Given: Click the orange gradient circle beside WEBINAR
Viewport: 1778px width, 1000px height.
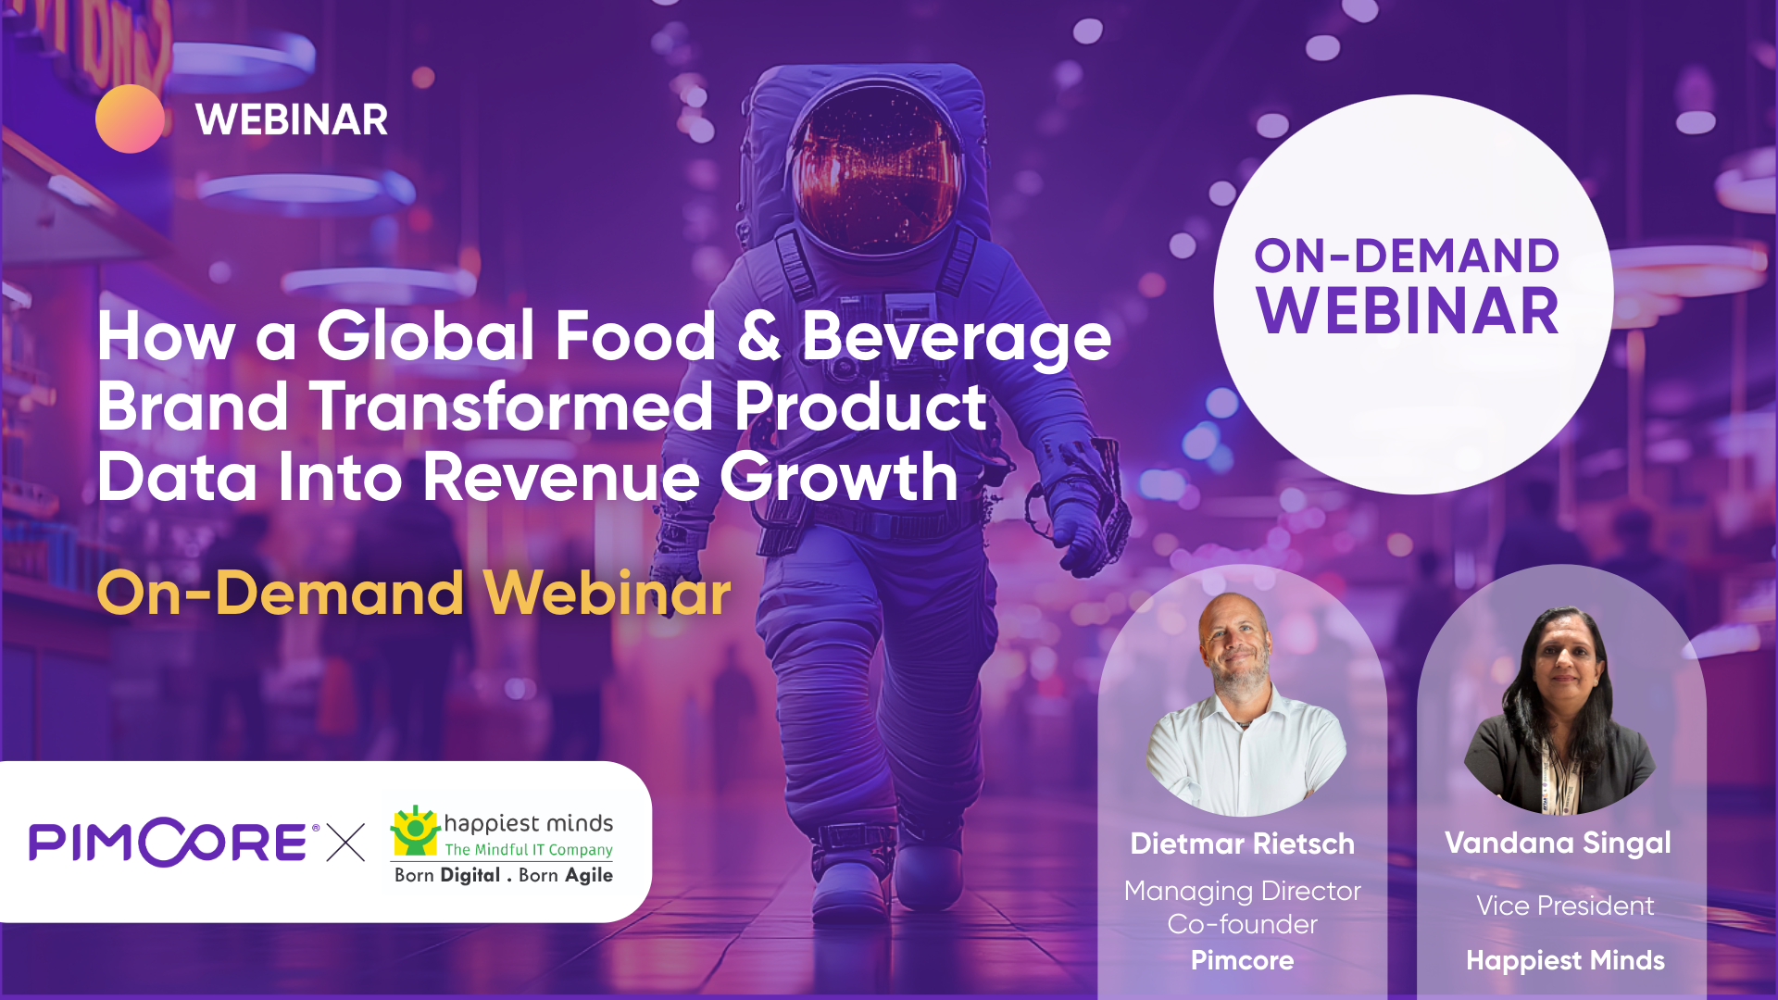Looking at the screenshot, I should point(130,119).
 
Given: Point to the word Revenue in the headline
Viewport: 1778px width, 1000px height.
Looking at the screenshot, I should point(561,478).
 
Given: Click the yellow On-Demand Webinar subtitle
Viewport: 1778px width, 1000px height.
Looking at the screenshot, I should point(414,593).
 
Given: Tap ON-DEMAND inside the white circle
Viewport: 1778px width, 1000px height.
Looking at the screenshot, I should point(1407,256).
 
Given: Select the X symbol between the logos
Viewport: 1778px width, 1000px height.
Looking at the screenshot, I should point(345,843).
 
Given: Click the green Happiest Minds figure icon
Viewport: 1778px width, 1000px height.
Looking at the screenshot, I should point(414,830).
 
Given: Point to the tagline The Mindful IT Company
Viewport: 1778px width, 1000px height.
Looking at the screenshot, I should point(529,850).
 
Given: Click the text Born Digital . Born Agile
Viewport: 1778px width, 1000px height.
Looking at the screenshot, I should point(504,876).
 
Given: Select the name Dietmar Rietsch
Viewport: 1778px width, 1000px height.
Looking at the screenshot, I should point(1242,844).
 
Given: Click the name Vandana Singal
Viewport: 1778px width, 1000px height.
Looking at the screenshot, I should point(1558,843).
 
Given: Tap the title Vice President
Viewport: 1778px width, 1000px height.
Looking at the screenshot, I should point(1565,906).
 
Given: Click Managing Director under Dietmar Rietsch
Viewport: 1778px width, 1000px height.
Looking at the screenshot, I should point(1242,891).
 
